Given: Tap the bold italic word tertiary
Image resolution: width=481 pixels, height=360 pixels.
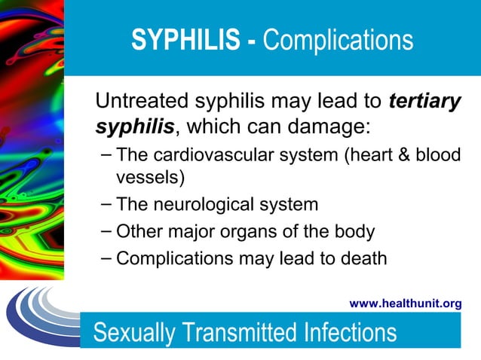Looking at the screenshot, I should point(424,102).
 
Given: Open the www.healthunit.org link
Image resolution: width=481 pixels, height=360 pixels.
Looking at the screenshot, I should point(406,304).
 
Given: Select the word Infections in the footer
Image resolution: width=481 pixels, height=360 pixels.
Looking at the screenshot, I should point(351,332).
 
